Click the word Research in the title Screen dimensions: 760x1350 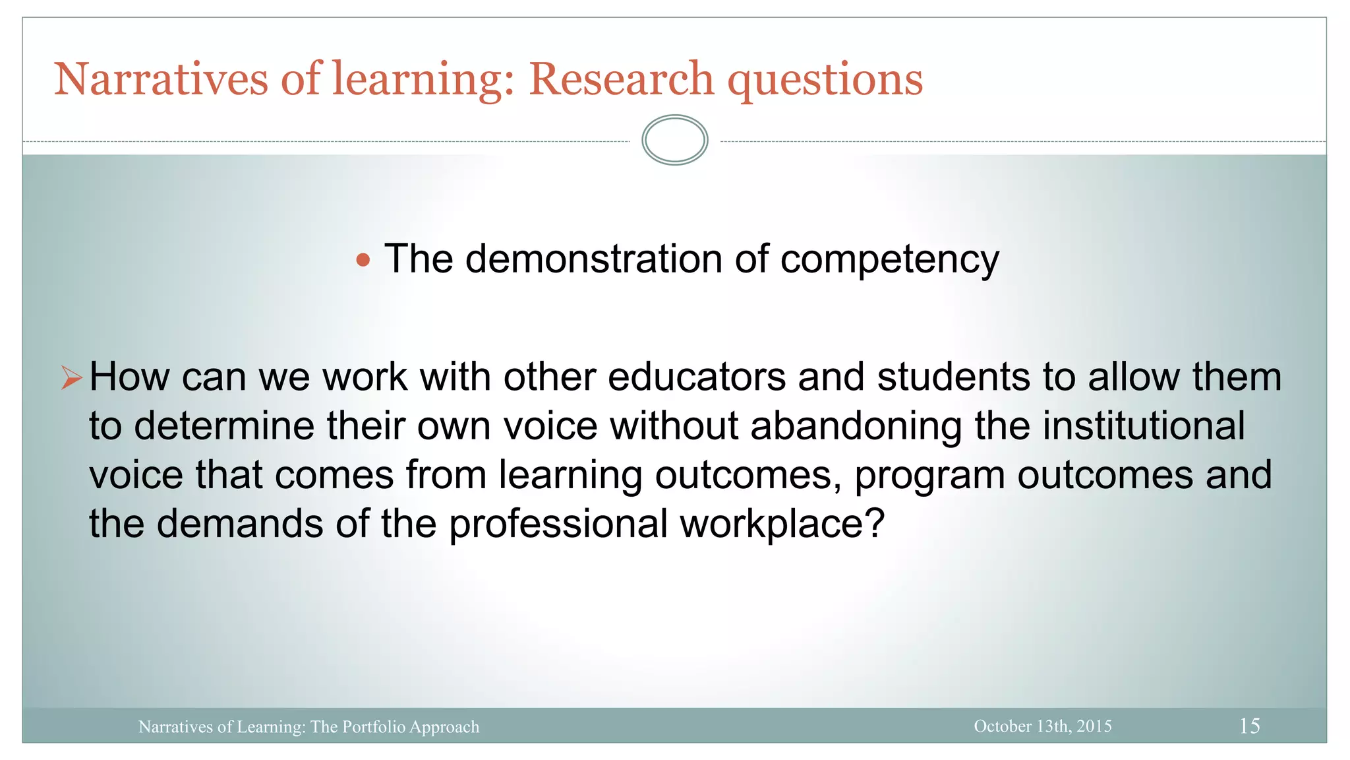pyautogui.click(x=621, y=79)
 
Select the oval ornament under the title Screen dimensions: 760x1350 pyautogui.click(x=674, y=140)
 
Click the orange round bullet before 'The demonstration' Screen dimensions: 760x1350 pyautogui.click(x=363, y=260)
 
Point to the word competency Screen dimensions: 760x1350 pyautogui.click(x=889, y=260)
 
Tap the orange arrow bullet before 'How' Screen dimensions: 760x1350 pyautogui.click(x=71, y=378)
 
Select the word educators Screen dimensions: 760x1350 pyautogui.click(x=696, y=377)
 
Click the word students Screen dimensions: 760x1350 pyautogui.click(x=953, y=377)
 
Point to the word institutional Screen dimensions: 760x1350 pyautogui.click(x=1143, y=426)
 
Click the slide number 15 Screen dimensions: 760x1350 pyautogui.click(x=1249, y=726)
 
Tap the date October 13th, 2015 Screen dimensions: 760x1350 pyautogui.click(x=1042, y=726)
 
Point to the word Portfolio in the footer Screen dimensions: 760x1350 pyautogui.click(x=374, y=727)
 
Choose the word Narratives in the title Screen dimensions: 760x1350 pyautogui.click(x=161, y=79)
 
